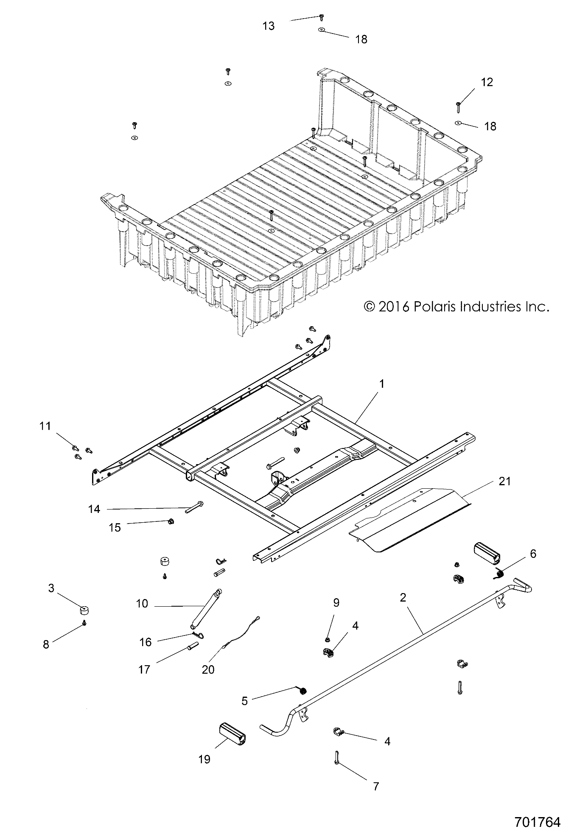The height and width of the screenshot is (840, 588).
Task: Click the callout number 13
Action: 269,26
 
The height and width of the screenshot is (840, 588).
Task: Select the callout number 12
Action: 487,82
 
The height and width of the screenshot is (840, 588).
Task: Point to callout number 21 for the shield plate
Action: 505,481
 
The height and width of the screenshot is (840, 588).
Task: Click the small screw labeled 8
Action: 85,623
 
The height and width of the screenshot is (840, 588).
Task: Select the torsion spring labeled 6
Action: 500,574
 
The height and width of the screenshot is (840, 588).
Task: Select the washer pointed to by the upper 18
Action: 322,30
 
